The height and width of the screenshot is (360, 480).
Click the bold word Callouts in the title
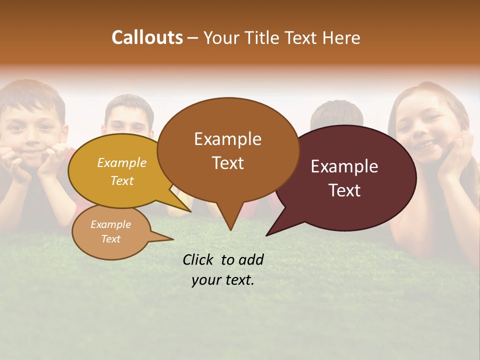[x=147, y=37]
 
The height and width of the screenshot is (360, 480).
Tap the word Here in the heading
[x=341, y=38]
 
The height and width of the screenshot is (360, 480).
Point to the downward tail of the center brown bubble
[x=229, y=220]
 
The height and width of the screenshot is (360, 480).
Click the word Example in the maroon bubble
[x=344, y=166]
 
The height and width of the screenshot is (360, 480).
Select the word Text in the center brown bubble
[x=228, y=163]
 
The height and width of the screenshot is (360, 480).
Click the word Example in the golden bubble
[x=122, y=162]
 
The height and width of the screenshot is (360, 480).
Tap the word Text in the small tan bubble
[x=111, y=239]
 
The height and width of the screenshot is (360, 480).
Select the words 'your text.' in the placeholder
[x=223, y=280]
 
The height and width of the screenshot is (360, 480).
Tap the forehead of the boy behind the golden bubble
[x=127, y=112]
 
